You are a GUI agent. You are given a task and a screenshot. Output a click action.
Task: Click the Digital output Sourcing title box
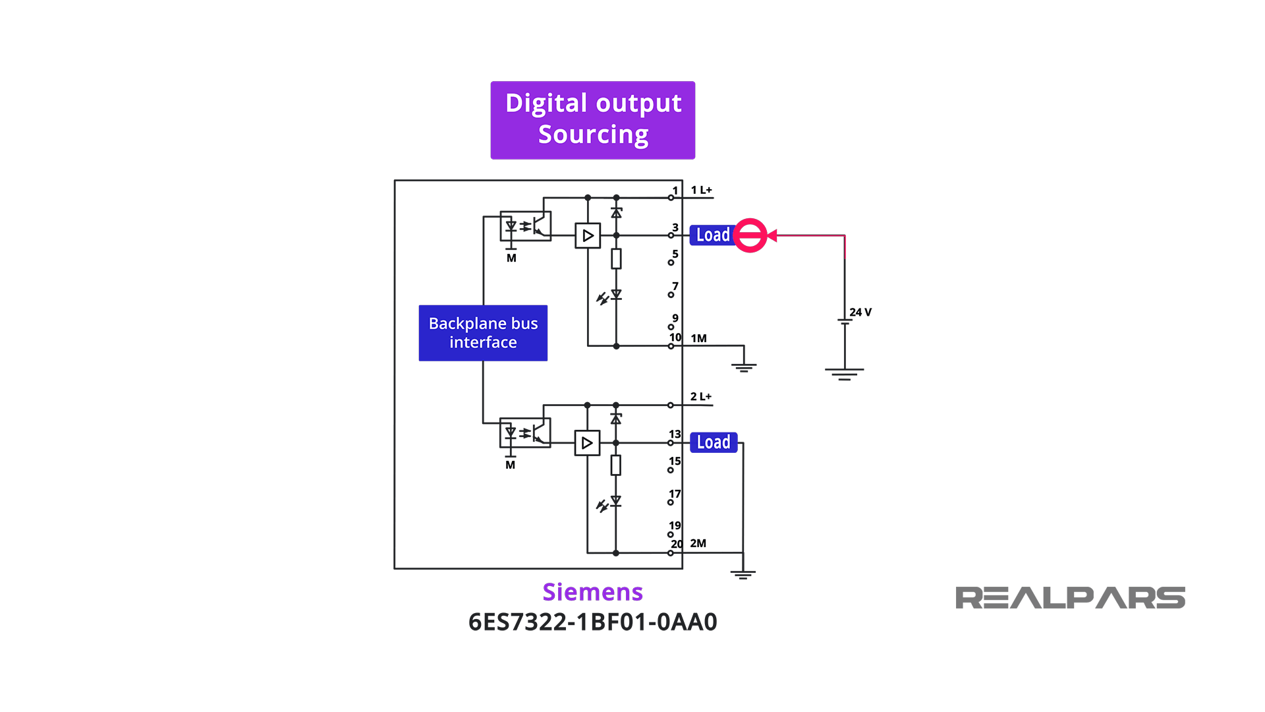pos(592,120)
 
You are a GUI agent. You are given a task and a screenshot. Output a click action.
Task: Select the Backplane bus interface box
pos(483,333)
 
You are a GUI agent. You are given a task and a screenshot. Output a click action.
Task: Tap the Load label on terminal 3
pos(712,235)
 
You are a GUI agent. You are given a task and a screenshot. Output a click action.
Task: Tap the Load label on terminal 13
pos(714,442)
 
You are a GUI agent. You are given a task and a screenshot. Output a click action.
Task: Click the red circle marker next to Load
pos(750,235)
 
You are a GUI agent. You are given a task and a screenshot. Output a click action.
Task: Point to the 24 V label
pos(860,312)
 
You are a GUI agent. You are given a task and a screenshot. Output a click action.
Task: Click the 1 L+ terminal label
pos(701,190)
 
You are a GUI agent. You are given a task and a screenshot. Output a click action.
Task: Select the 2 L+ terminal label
pos(700,397)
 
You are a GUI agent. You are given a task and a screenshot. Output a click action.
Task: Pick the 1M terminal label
pos(698,338)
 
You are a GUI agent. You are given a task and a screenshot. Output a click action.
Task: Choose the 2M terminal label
pos(698,543)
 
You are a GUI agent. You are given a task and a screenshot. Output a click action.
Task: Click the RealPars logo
pos(1070,598)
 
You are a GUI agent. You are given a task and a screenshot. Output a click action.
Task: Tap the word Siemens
pos(592,592)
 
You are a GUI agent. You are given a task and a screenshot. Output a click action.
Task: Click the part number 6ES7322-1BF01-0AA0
pos(592,622)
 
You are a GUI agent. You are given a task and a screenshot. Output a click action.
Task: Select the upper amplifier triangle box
pos(588,235)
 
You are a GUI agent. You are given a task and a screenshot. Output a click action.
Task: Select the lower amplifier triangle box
pos(587,443)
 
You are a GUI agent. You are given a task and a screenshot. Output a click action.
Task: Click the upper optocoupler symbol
pos(525,226)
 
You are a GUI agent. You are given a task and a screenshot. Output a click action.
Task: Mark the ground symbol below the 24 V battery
pos(844,374)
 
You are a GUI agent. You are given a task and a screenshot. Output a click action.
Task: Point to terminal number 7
pos(675,287)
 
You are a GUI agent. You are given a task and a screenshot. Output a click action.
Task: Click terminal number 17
pos(675,494)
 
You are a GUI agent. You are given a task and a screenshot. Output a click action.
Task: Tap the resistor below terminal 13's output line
pos(616,465)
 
